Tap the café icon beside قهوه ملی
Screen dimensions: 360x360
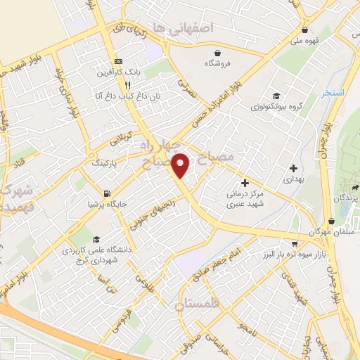click(x=304, y=30)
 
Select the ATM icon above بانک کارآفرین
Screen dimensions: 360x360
click(x=117, y=61)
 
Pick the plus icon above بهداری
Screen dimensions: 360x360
click(x=292, y=168)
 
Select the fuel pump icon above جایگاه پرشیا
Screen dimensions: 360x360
click(x=105, y=193)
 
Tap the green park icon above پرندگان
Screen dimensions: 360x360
click(x=356, y=188)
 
